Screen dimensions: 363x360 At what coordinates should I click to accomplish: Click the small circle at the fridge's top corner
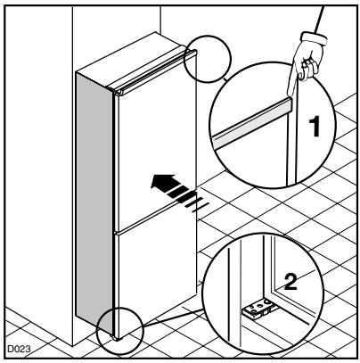pos(208,61)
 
